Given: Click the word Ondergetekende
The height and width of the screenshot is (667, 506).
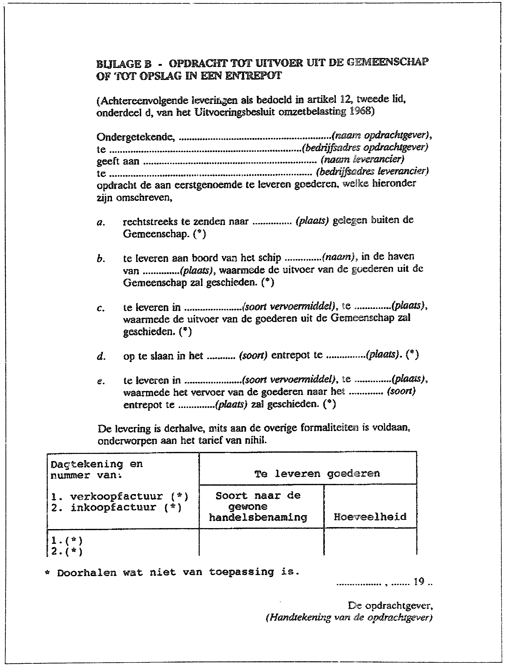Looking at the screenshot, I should point(135,137).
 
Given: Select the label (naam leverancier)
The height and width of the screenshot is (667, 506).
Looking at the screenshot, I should point(362,159).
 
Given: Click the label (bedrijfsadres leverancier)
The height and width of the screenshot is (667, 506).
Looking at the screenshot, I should point(372,172).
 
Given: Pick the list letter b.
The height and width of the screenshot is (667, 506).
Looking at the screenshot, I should point(100,259).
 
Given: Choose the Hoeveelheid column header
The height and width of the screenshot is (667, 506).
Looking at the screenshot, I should point(370,517).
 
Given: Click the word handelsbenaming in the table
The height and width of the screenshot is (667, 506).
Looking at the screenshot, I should point(258,517).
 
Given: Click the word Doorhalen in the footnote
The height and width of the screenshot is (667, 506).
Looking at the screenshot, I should point(86,573).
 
